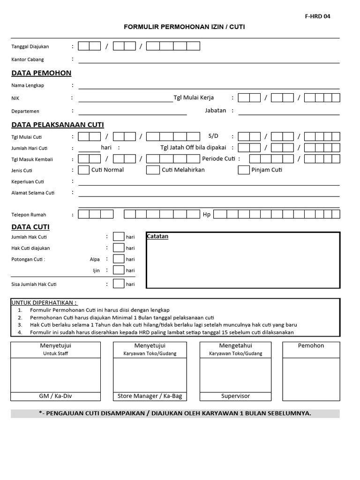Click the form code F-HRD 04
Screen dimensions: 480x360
click(317, 16)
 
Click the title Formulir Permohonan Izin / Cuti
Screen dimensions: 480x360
click(184, 27)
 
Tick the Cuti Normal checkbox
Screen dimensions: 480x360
click(84, 170)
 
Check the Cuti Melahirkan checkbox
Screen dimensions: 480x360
click(153, 170)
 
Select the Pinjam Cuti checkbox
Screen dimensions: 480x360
click(244, 170)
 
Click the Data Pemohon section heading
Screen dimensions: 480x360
click(41, 73)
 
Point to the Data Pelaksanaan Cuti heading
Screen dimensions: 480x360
click(58, 125)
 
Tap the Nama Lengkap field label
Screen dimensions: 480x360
click(28, 85)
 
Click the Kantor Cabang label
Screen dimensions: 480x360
click(28, 60)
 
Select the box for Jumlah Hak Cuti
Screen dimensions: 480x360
click(119, 237)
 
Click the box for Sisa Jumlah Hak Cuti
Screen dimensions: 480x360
click(119, 284)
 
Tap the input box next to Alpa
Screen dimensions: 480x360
click(119, 259)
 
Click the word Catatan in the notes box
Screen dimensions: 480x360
click(158, 237)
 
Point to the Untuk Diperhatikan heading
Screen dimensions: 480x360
click(44, 303)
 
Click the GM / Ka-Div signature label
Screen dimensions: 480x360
click(55, 396)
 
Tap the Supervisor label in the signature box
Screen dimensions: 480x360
click(235, 396)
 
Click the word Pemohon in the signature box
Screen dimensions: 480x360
click(311, 345)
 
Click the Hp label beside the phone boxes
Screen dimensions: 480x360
click(206, 214)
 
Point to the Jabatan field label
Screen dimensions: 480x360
click(216, 111)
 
